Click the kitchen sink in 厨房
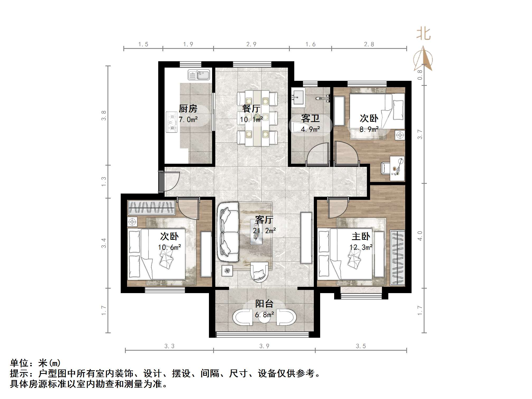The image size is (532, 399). tap(199, 75)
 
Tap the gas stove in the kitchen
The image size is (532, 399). tap(171, 122)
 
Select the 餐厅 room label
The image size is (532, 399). tap(251, 109)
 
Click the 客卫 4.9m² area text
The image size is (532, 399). tap(310, 129)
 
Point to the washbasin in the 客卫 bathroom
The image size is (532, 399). tap(298, 97)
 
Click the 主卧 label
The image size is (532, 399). tap(361, 236)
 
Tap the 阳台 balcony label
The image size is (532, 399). tap(264, 304)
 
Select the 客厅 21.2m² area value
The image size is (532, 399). tap(264, 231)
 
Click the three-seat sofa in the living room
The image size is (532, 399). tap(228, 232)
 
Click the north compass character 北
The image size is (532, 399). tap(423, 34)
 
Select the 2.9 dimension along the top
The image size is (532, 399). tap(251, 44)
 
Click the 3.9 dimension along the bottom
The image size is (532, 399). tap(264, 346)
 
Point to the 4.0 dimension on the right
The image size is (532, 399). tap(420, 236)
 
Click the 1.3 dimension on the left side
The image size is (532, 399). tap(104, 181)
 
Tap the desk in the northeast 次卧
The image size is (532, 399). tap(397, 168)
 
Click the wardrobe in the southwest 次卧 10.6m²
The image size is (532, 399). tap(152, 208)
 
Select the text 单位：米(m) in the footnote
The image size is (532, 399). tap(35, 363)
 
